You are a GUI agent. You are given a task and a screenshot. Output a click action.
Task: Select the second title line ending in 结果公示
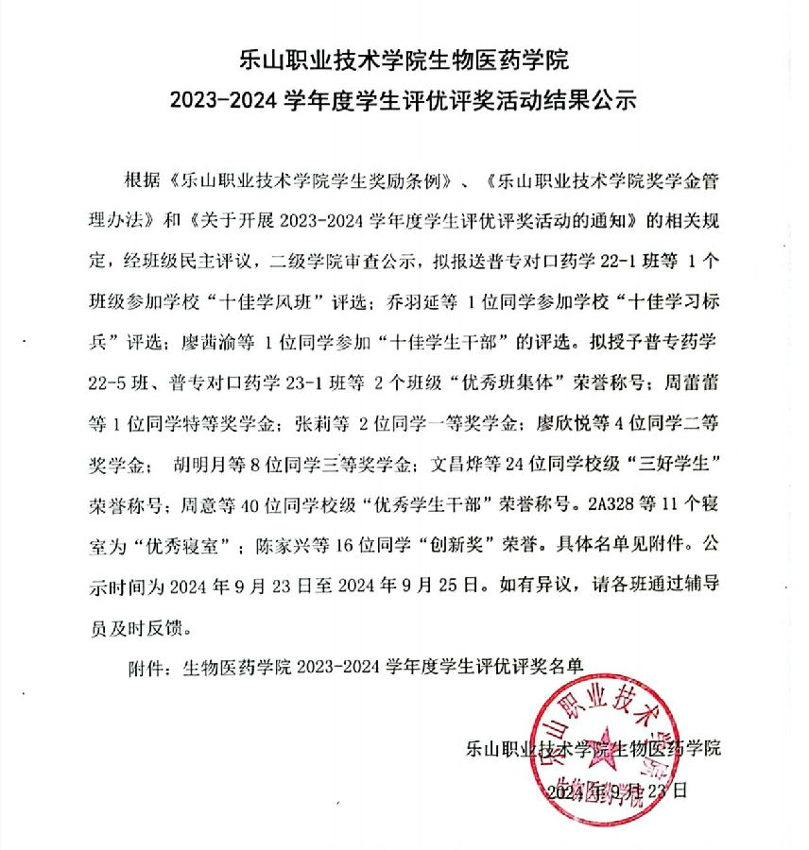[x=404, y=99]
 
